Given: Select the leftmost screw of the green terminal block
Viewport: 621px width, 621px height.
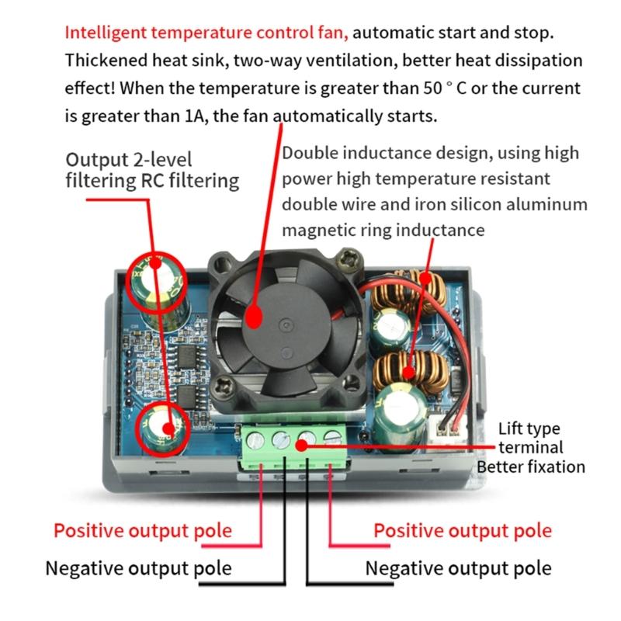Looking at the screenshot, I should click(x=257, y=441).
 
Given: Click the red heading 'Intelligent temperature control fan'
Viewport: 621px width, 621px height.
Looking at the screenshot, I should click(x=206, y=34).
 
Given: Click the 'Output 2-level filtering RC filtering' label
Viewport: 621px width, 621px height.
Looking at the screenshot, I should click(x=151, y=170).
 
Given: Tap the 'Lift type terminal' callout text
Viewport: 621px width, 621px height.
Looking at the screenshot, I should click(x=529, y=439).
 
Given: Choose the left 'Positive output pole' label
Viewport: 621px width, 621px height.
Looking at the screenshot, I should click(x=142, y=531).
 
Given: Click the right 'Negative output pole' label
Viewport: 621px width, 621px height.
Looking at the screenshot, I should click(x=458, y=568).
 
